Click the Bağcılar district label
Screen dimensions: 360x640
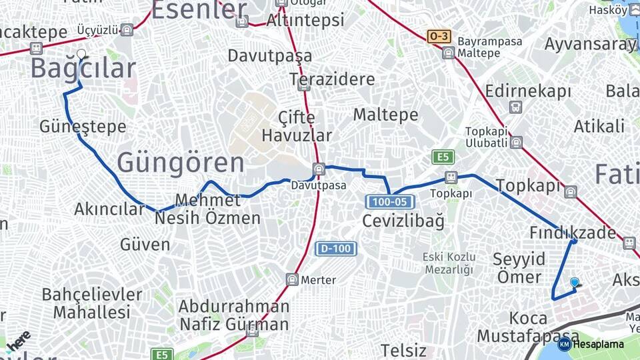83,69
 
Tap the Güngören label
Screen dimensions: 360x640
181,163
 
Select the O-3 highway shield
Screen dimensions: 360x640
439,36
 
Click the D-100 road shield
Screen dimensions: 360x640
336,249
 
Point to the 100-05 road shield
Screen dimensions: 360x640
390,201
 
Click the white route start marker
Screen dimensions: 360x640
81,53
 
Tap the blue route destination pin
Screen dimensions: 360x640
575,283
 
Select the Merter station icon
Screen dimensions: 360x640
292,279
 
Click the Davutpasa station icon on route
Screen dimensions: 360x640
319,169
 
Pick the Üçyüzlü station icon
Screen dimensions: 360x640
127,29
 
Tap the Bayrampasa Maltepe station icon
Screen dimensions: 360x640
449,53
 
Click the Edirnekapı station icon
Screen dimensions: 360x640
516,107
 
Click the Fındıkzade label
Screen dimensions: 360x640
573,233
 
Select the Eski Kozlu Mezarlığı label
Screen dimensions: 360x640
448,263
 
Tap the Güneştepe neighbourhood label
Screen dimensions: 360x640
83,126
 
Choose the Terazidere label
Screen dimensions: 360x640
332,79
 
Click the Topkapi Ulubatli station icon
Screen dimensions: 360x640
516,142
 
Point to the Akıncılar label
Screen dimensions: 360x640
109,209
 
